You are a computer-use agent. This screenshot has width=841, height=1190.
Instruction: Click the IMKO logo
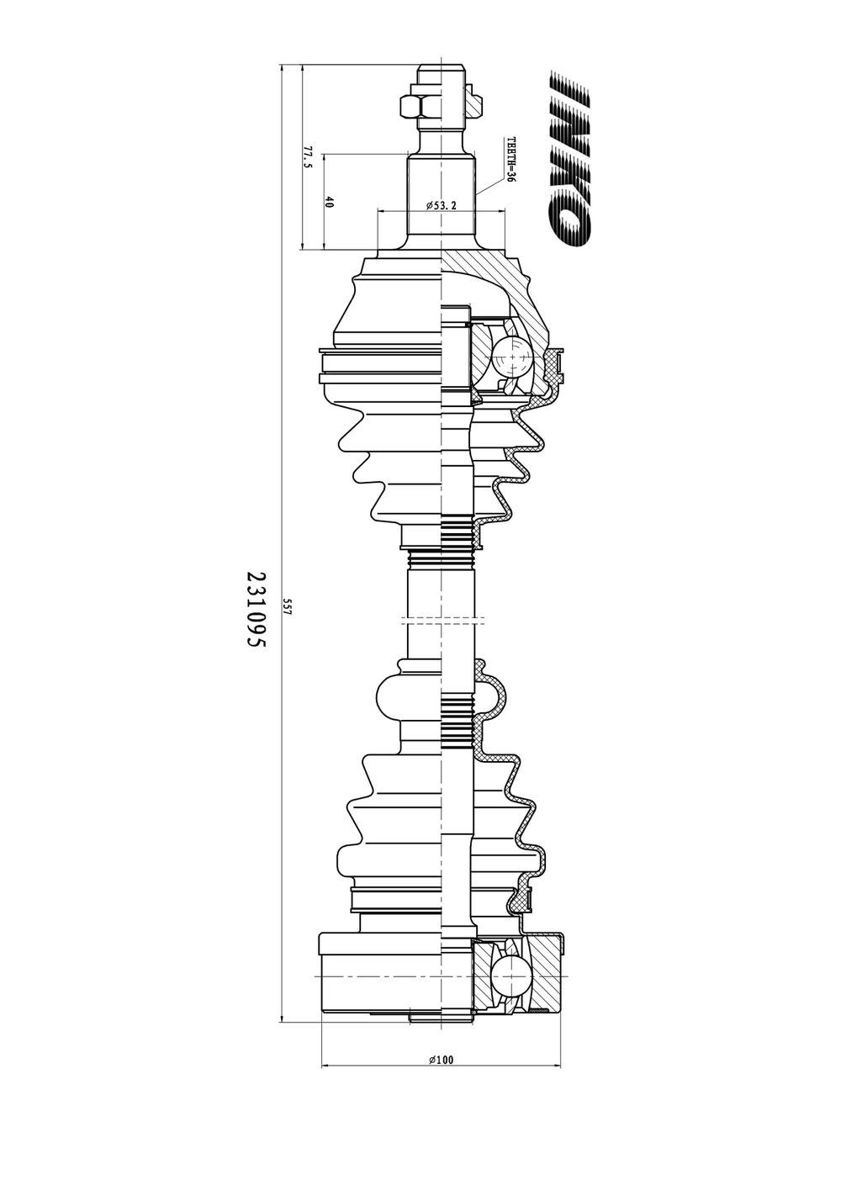coord(570,161)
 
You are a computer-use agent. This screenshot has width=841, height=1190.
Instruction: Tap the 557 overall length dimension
coord(288,606)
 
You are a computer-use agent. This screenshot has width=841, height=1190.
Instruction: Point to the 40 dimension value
coord(329,202)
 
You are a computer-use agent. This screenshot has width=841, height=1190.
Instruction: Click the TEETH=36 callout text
coord(510,161)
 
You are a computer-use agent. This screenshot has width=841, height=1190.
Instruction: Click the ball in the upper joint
coord(511,357)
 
